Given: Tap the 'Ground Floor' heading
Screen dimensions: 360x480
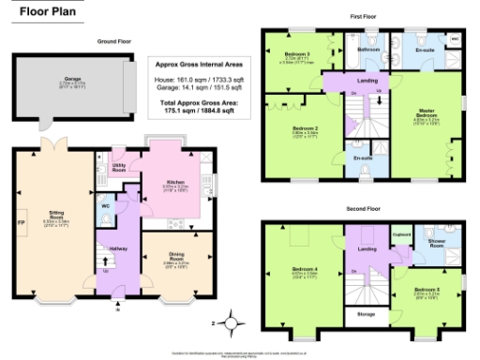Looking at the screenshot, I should tap(114, 42).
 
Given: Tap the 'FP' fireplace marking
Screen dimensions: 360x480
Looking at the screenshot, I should tap(21, 222).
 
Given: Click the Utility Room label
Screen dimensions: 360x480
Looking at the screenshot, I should tap(119, 164).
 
